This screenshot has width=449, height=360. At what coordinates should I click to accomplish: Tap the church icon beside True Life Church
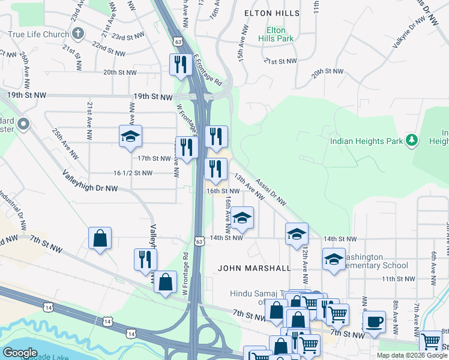77,34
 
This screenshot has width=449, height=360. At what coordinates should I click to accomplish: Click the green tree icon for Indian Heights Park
411,140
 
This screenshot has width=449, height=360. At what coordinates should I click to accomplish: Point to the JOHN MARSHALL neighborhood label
254,268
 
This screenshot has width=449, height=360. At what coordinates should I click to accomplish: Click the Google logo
20,353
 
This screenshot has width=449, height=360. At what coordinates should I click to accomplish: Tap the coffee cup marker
375,321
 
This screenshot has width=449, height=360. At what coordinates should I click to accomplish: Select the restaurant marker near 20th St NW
179,64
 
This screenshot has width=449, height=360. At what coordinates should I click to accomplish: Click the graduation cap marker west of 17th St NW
130,137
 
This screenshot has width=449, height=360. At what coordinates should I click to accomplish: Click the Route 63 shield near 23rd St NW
176,41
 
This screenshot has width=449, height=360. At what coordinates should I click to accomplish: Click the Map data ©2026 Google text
412,355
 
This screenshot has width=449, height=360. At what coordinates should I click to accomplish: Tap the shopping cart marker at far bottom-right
431,341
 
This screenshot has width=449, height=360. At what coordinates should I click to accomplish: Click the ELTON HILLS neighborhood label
271,13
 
